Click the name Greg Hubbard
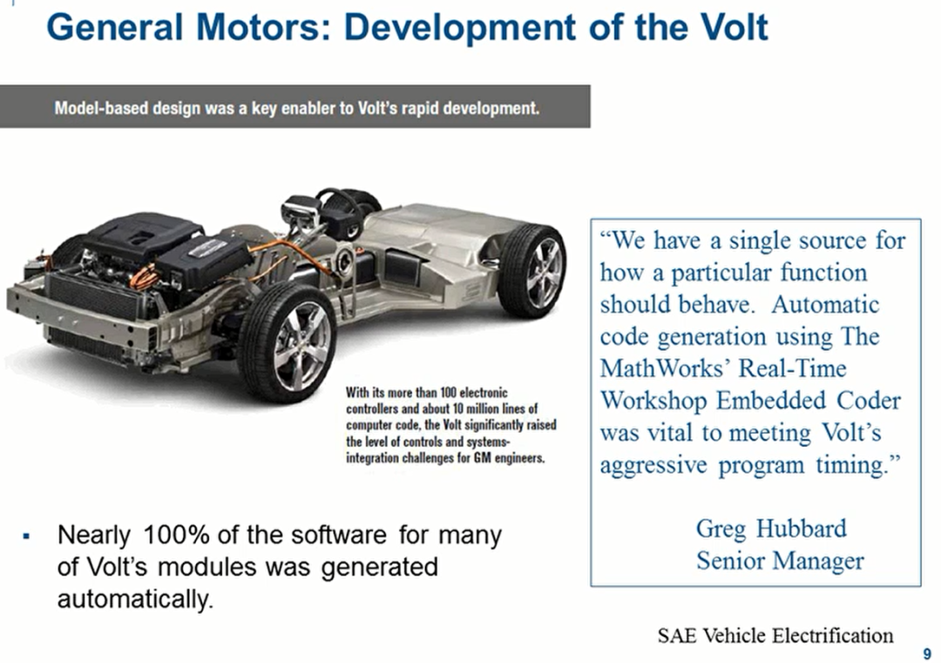click(771, 529)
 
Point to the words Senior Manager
click(780, 561)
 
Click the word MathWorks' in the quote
click(664, 368)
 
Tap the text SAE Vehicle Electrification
click(775, 635)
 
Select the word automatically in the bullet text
click(135, 599)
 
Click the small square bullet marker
click(26, 535)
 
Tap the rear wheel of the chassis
click(532, 270)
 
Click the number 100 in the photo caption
click(449, 392)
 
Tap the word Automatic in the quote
click(825, 304)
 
